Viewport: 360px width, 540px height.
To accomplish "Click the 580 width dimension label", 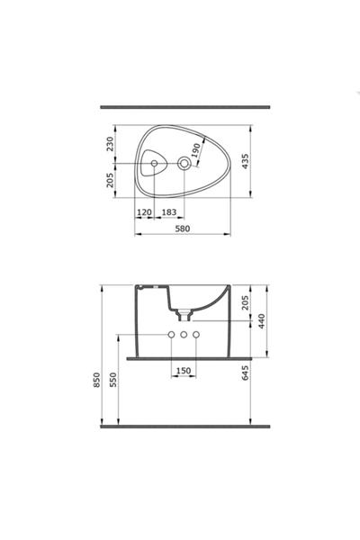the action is pos(183,229).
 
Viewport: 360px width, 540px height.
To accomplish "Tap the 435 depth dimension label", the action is pos(246,161).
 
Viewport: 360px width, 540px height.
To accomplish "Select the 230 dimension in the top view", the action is pos(110,144).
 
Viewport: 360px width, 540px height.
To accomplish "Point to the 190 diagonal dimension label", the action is pos(195,150).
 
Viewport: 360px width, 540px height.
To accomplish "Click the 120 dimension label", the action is pos(144,212).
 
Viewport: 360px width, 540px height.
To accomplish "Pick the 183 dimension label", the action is pos(169,212).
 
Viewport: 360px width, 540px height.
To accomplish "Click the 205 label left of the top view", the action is pos(110,180).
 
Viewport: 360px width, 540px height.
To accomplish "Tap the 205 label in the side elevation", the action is pos(245,302).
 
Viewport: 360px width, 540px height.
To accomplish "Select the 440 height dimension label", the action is pos(262,321).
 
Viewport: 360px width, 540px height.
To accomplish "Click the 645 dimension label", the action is pos(245,373).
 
